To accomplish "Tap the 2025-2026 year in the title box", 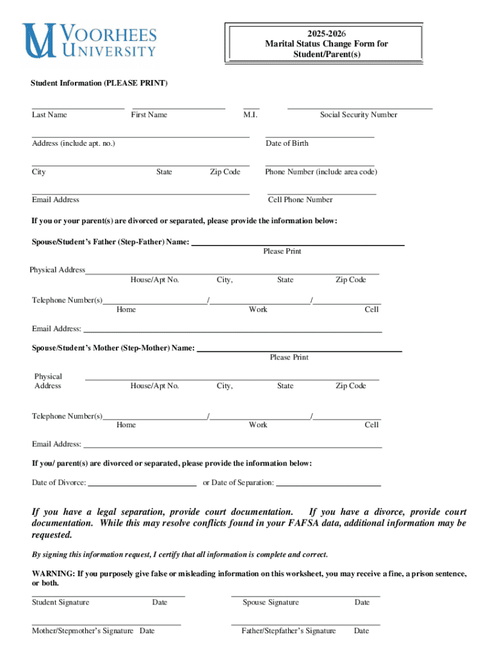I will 326,33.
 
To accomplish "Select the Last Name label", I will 49,115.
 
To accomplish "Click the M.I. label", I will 250,115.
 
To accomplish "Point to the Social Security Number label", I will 359,115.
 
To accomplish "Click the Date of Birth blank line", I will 319,137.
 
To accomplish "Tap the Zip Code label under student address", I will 225,172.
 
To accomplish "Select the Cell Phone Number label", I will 300,200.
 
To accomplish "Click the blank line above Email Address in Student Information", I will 140,193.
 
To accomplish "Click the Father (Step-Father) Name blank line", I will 298,245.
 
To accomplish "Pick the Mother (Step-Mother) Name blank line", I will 299,351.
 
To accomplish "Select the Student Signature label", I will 61,603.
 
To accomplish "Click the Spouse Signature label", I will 270,603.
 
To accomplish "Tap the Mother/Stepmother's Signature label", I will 83,631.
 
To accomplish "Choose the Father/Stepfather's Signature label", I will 288,631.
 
